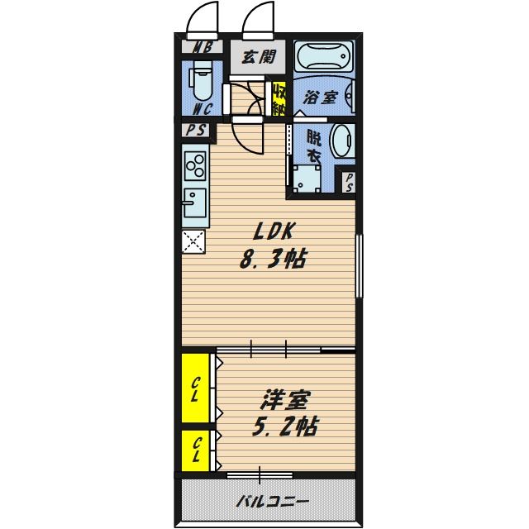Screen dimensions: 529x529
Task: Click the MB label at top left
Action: [x=203, y=47]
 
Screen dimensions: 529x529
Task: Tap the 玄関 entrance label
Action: [x=259, y=56]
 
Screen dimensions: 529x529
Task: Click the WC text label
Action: [x=203, y=108]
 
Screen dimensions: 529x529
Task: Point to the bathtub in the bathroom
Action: [x=324, y=56]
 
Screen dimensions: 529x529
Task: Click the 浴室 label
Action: [x=320, y=98]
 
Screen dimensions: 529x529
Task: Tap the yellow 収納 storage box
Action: [x=279, y=99]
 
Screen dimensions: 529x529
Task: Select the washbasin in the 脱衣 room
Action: [x=342, y=141]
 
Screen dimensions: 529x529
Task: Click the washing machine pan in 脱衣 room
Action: [x=307, y=179]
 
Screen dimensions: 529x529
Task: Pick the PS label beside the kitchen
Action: [x=196, y=130]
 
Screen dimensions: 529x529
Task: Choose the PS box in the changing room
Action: [x=349, y=182]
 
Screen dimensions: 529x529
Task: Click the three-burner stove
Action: [x=195, y=165]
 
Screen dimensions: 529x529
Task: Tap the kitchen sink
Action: [x=194, y=203]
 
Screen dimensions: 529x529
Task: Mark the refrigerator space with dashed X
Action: [x=193, y=241]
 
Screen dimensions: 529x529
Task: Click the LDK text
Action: [x=274, y=231]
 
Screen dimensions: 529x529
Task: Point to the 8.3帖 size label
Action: [x=273, y=259]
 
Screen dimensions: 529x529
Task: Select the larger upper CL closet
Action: [x=195, y=388]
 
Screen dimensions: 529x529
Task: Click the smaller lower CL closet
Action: [x=195, y=450]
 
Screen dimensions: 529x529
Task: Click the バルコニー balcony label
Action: [x=272, y=502]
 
